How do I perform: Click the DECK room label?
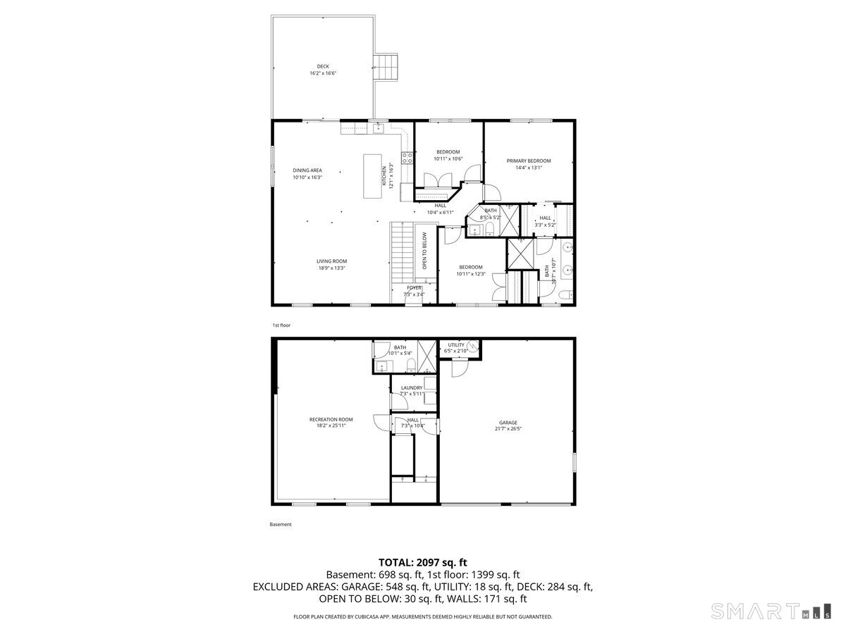(322, 66)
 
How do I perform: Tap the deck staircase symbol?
(387, 67)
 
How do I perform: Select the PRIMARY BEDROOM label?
(529, 161)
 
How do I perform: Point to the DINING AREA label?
(307, 170)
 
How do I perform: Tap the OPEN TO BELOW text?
(424, 251)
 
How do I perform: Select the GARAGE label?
(508, 423)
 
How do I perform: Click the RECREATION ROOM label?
(331, 419)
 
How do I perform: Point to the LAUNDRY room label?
(412, 387)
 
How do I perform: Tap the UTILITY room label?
(456, 344)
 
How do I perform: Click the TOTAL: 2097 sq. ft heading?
(423, 562)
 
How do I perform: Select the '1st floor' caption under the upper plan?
(281, 325)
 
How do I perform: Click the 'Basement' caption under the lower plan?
(281, 524)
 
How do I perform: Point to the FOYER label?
(414, 287)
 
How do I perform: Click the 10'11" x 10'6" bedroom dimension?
(448, 158)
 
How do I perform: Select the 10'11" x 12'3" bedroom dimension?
(470, 273)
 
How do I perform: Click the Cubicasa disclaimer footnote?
(423, 616)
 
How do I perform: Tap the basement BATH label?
(400, 347)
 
